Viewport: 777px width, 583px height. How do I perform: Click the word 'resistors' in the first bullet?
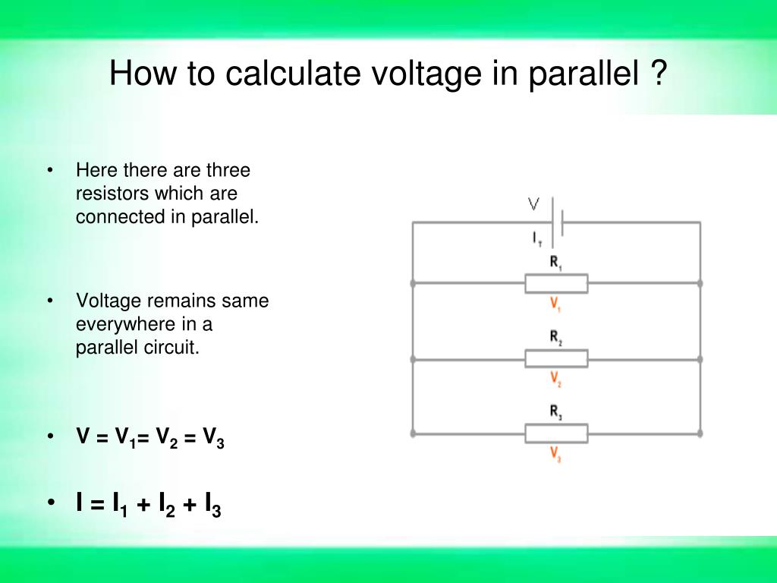pos(109,194)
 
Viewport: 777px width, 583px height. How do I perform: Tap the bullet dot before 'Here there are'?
pos(49,170)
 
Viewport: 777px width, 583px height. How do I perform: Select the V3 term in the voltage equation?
pos(213,438)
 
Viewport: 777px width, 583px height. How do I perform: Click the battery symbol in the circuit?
pos(557,222)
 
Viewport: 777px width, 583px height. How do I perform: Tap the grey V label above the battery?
pos(533,203)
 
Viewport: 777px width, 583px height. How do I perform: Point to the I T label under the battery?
pos(536,238)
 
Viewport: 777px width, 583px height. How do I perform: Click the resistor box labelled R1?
pos(556,284)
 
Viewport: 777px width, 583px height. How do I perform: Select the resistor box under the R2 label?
pos(556,358)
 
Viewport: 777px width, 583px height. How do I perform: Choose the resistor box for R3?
pos(556,433)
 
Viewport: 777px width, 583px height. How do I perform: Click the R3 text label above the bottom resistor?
pos(555,413)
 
